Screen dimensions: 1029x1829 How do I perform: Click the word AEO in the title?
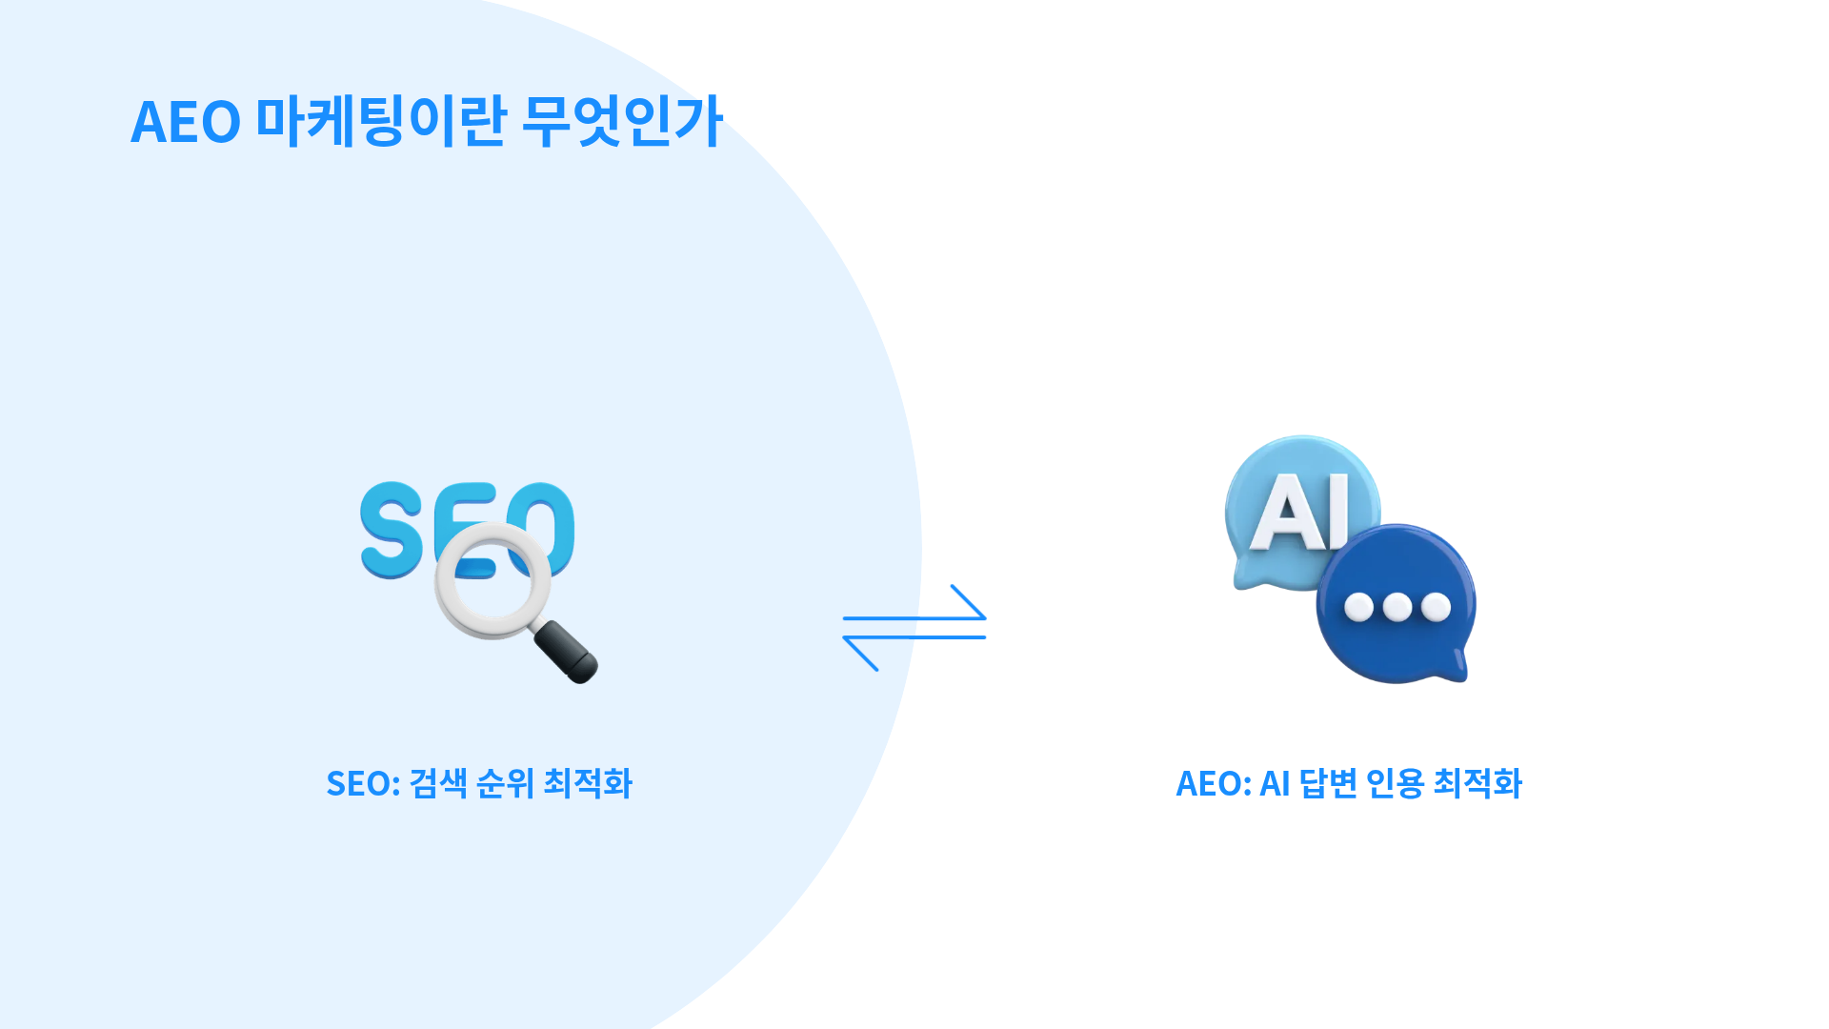click(x=186, y=122)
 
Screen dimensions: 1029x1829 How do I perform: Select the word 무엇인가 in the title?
click(x=623, y=122)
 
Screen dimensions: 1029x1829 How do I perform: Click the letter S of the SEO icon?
click(x=392, y=530)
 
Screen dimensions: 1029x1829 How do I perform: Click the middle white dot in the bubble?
click(x=1397, y=607)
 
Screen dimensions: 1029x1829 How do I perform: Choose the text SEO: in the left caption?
click(x=363, y=784)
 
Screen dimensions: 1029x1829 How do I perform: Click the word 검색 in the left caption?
click(x=438, y=784)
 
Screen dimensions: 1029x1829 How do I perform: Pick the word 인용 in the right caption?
click(x=1395, y=784)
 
